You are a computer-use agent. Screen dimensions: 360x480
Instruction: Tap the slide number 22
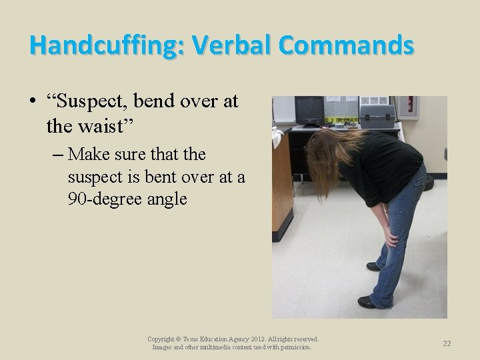pos(447,343)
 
